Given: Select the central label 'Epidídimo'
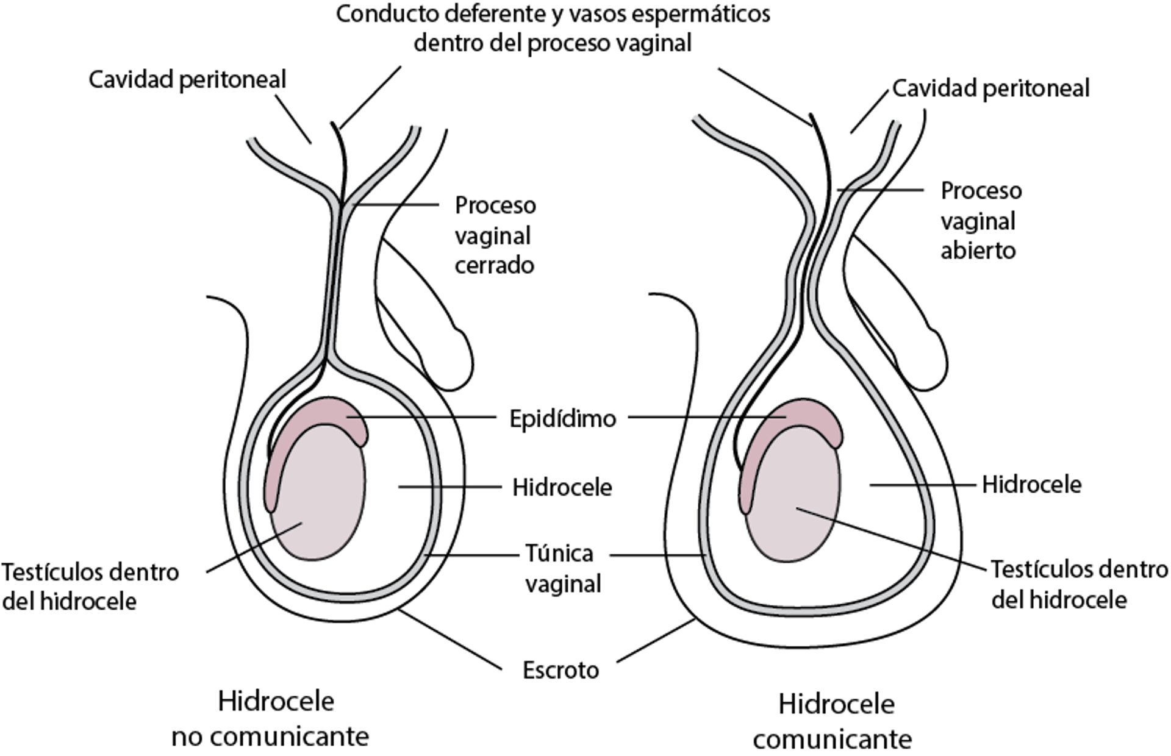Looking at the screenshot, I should point(562,419).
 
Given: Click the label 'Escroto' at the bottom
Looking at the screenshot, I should point(560,671).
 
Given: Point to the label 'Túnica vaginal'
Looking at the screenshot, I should point(562,568).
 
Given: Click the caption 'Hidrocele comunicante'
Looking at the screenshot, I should point(833,722).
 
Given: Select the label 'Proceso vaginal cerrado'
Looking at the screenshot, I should point(495,235).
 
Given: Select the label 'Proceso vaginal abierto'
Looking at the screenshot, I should point(980,221).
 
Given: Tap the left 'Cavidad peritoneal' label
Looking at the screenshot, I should point(187,80).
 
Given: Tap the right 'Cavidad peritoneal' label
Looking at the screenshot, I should point(990,88).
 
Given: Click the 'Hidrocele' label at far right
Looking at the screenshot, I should point(1031,485).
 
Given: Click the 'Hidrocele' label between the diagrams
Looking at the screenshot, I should point(562,488).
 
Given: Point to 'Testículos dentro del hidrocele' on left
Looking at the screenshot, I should point(90,587).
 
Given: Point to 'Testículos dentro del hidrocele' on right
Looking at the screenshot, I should point(1078,585).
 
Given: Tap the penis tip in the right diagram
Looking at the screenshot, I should point(933,360).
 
